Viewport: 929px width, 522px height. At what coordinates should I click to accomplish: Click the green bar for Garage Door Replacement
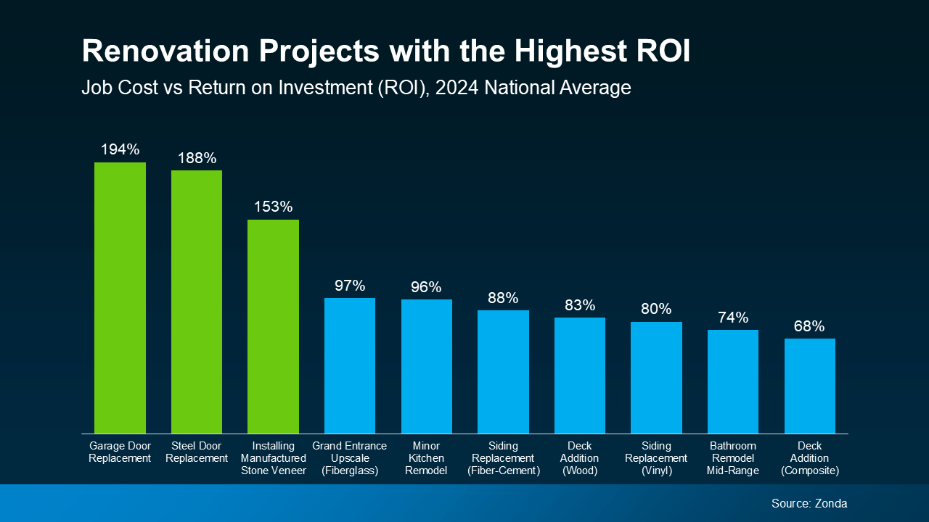tap(120, 297)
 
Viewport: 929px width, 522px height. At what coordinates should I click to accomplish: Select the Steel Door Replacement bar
tap(197, 302)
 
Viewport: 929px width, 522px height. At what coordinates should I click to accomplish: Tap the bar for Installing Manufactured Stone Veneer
tap(273, 326)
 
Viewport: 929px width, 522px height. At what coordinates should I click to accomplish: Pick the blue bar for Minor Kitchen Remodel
tap(427, 366)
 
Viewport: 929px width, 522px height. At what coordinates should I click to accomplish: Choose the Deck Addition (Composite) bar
tap(809, 386)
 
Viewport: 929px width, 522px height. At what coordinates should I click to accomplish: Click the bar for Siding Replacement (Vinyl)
tap(656, 377)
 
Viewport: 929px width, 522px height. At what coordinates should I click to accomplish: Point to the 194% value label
tap(120, 150)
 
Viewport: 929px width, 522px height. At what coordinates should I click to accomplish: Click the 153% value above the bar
tap(273, 207)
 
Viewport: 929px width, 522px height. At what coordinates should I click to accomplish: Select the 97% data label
tap(350, 286)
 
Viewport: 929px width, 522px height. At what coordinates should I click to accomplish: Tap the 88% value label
tap(503, 298)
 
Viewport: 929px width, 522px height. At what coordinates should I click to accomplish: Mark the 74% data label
tap(733, 318)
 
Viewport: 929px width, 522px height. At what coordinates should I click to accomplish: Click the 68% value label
tap(809, 326)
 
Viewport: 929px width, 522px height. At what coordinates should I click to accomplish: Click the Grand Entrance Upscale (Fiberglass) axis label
tap(350, 458)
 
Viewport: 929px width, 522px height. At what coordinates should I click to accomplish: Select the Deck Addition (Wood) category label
tap(580, 458)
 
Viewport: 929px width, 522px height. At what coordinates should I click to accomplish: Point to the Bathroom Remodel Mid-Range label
tap(733, 458)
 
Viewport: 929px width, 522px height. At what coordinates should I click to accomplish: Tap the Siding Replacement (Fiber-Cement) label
tap(503, 458)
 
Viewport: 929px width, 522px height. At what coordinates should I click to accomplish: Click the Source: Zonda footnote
tap(809, 503)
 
